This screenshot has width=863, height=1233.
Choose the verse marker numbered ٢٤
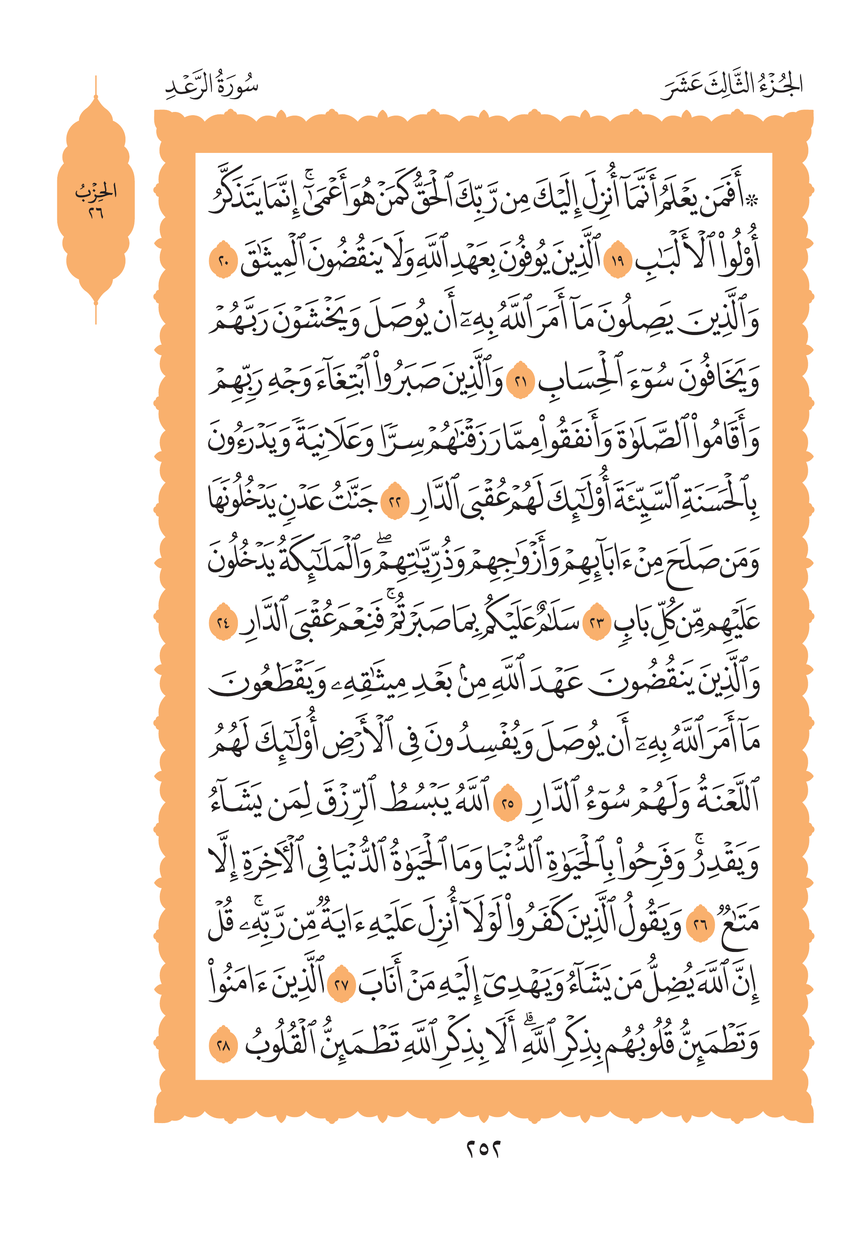223,623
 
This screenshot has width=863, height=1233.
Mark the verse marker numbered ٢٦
700,925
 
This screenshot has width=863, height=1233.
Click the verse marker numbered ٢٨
223,1046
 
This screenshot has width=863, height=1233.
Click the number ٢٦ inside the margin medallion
96,213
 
